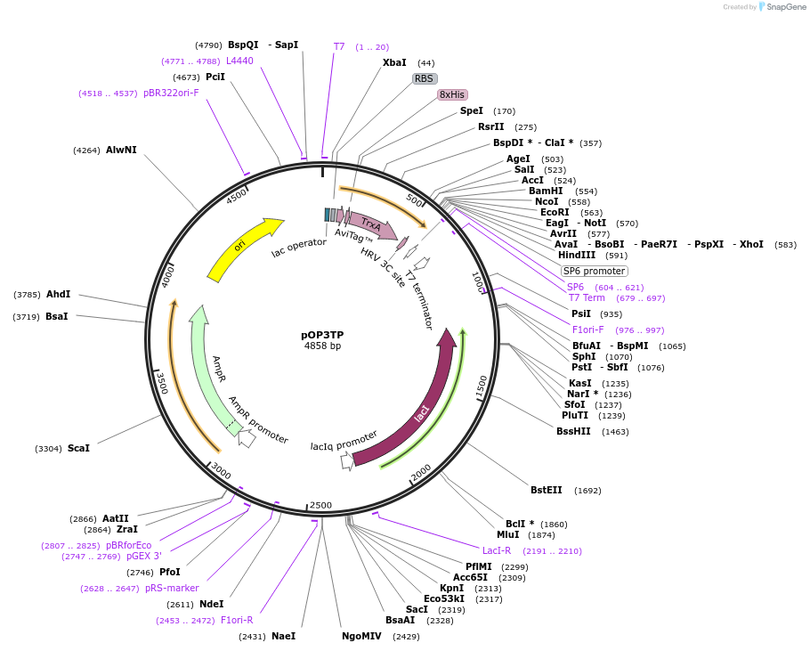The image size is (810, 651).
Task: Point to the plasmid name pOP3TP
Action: tap(322, 335)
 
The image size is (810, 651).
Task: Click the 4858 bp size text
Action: tap(322, 346)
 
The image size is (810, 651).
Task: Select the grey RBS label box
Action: tap(425, 78)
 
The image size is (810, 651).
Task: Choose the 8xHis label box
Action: tap(451, 94)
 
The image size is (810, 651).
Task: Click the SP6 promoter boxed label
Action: tap(594, 271)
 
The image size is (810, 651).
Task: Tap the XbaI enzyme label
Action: tap(394, 62)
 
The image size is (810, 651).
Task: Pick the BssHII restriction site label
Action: tap(573, 431)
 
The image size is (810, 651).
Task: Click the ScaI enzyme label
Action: tap(78, 448)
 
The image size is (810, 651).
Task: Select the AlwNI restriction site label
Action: tap(121, 150)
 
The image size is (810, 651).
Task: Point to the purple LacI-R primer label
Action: tap(497, 550)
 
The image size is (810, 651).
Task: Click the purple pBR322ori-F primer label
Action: tap(171, 93)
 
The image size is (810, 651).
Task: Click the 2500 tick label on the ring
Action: tap(320, 505)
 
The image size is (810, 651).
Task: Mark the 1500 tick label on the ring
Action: tap(482, 386)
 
